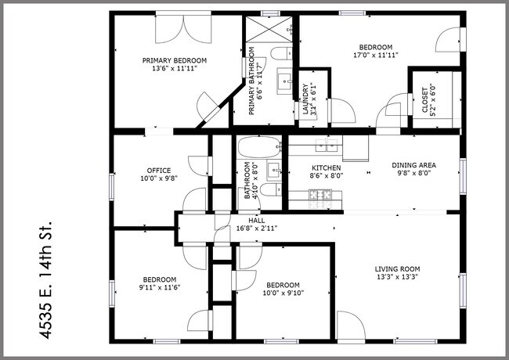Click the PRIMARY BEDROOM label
pyautogui.click(x=174, y=60)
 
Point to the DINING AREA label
pyautogui.click(x=413, y=165)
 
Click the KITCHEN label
pyautogui.click(x=325, y=168)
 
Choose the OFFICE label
pyautogui.click(x=159, y=170)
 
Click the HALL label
pyautogui.click(x=256, y=221)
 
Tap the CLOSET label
pyautogui.click(x=426, y=99)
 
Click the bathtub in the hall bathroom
pyautogui.click(x=258, y=146)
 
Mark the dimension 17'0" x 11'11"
pyautogui.click(x=376, y=56)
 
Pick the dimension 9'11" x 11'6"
pyautogui.click(x=159, y=288)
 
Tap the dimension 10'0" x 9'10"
pyautogui.click(x=283, y=293)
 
